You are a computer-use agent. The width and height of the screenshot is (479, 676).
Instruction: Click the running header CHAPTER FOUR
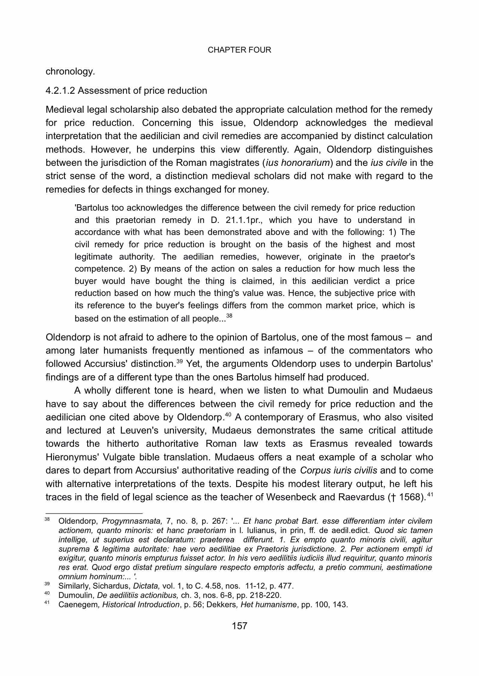coord(239,50)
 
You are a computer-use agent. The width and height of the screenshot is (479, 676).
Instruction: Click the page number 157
coord(239,626)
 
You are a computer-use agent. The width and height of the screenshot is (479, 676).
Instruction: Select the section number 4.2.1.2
coord(60,91)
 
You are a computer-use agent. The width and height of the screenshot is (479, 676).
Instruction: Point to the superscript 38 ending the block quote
coord(229,316)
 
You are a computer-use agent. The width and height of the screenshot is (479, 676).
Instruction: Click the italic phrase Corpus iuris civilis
coord(338,470)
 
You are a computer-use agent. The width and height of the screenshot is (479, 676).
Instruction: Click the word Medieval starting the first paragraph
coord(65,110)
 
